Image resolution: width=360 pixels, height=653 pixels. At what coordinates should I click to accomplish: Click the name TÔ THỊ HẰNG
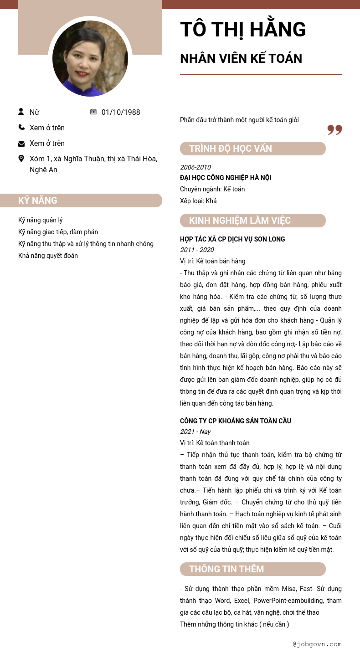243,30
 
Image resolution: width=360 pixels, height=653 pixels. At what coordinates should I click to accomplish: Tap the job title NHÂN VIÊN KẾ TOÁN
241,59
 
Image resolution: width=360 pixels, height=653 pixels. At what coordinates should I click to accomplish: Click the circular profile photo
90,58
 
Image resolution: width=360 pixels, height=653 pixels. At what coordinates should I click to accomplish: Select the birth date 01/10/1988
121,112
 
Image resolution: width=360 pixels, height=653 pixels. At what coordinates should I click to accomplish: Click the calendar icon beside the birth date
93,112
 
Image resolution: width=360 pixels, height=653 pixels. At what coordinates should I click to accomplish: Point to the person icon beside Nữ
21,112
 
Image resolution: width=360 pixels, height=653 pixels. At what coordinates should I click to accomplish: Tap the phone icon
21,127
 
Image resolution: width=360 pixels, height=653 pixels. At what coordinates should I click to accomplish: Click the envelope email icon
21,144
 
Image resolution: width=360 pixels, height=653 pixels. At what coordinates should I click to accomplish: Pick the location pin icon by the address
21,159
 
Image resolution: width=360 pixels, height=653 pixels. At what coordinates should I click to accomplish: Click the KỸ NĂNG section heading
38,201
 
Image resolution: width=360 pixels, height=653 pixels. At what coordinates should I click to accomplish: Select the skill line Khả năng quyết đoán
48,256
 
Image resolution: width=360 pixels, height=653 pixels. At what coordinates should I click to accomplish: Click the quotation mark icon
334,130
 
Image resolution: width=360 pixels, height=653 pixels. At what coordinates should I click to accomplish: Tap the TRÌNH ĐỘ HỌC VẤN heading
231,149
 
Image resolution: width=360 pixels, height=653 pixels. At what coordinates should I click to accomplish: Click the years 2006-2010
195,167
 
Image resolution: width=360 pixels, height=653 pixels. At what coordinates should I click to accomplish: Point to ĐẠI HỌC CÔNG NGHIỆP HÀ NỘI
226,178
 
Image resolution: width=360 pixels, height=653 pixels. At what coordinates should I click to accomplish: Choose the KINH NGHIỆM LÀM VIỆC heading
240,221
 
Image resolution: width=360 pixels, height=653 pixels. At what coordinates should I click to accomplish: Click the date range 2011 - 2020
197,250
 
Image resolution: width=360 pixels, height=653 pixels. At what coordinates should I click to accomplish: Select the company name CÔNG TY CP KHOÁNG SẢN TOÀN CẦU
236,421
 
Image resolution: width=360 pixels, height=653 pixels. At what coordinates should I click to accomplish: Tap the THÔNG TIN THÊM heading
226,569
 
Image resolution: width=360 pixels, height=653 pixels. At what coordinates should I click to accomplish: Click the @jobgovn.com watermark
317,644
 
